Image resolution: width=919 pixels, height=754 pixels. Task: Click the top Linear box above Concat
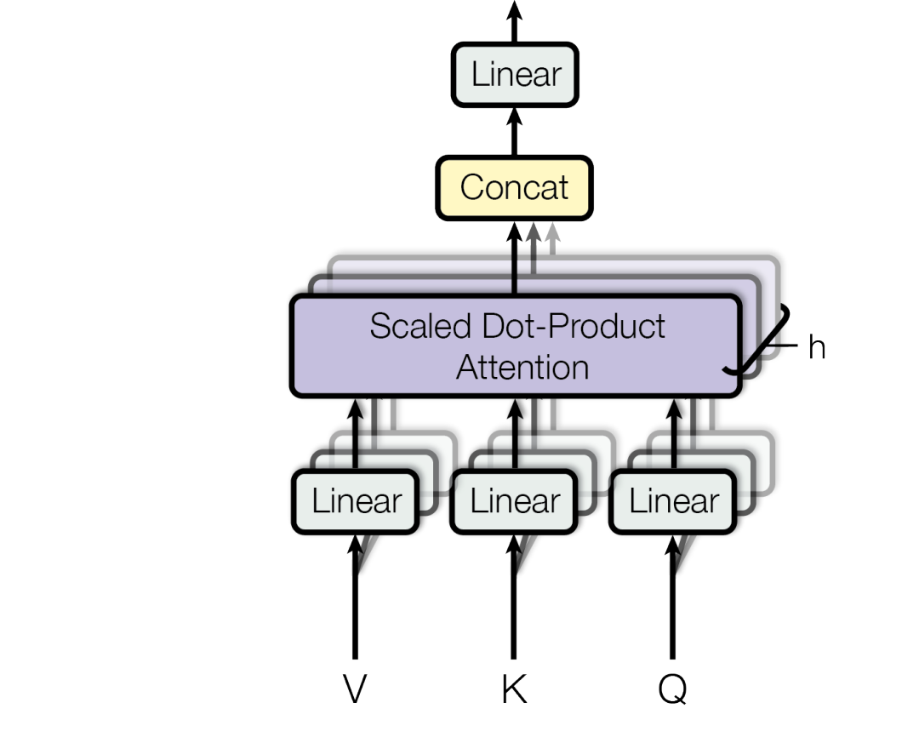515,75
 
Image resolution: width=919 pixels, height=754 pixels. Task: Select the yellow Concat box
514,187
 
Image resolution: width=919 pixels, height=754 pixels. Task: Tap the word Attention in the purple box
522,368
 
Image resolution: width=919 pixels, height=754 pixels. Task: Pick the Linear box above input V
356,501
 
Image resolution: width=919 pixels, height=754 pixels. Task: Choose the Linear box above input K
514,501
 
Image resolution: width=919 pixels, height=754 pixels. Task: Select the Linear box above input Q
673,501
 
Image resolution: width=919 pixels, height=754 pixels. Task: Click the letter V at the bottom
355,689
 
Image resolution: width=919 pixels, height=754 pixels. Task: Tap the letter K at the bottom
514,689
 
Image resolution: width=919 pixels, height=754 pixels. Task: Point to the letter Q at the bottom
672,689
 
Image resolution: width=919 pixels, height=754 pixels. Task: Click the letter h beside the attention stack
816,347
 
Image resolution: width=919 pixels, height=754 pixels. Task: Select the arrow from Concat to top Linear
514,132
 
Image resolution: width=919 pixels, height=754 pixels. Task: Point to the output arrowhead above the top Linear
514,10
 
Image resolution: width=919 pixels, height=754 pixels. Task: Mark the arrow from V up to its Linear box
355,604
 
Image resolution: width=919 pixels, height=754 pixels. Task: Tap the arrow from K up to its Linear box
514,604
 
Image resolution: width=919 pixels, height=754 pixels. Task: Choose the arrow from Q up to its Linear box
672,604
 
